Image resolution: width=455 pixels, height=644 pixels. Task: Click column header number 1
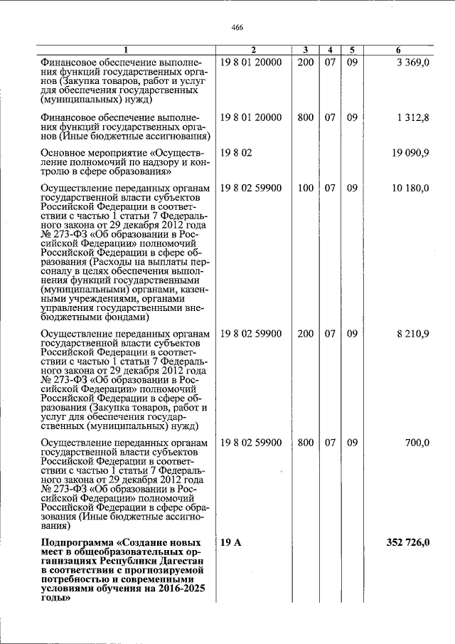pos(126,50)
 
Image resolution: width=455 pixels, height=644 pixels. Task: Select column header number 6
pos(398,50)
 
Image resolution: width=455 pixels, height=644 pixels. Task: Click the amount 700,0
pos(417,443)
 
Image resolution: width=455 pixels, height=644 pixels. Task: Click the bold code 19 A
pos(231,543)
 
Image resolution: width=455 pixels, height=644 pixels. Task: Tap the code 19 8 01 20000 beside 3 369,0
pos(251,62)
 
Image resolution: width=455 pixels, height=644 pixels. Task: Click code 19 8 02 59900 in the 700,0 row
pos(251,443)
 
